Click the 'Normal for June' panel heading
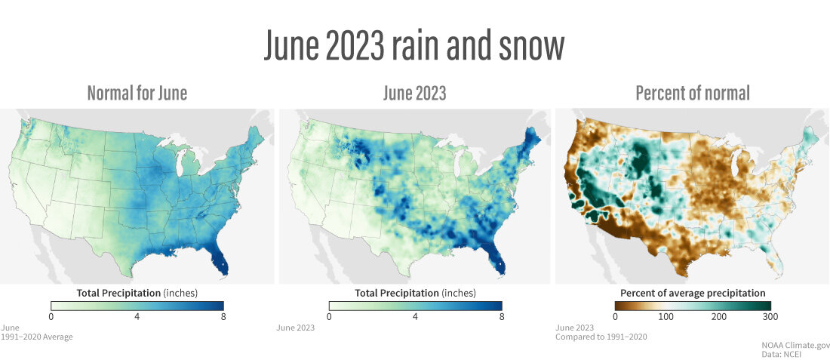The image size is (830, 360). (137, 94)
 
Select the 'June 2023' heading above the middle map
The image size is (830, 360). (414, 94)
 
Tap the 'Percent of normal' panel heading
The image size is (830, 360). (692, 94)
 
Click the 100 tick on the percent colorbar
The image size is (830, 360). (666, 316)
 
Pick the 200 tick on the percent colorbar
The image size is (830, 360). (718, 316)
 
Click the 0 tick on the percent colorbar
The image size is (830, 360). (615, 316)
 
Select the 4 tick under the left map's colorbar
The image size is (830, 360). (137, 316)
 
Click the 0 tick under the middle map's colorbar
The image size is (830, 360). (329, 316)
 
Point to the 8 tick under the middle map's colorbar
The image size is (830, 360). (501, 316)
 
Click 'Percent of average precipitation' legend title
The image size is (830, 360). (692, 293)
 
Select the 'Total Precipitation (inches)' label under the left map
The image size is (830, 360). (137, 292)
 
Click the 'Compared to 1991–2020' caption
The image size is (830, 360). (601, 337)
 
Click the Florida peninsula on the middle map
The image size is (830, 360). (499, 262)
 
